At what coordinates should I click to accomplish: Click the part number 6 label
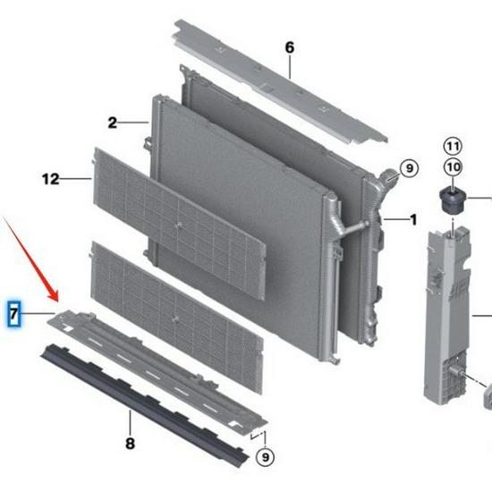(289, 47)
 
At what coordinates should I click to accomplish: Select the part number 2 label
(113, 123)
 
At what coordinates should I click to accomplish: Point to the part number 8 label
(130, 442)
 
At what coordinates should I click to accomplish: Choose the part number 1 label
(413, 219)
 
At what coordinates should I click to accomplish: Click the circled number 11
(452, 146)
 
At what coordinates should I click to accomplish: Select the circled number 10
(452, 167)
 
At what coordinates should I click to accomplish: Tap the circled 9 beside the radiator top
(408, 167)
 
